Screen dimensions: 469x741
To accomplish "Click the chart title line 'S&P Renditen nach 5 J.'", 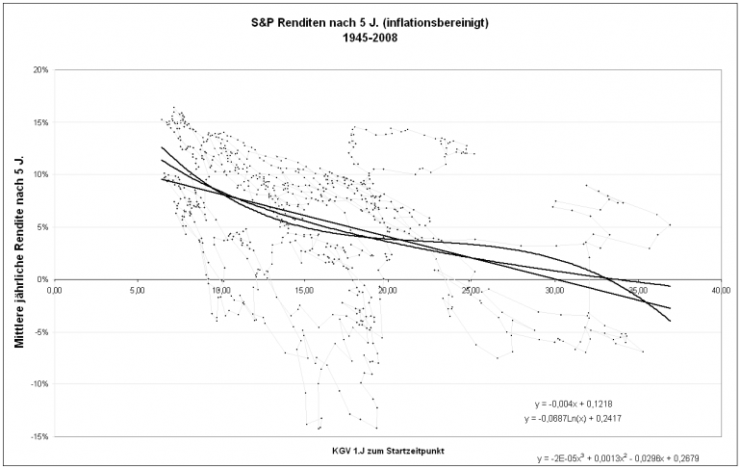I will [x=370, y=22].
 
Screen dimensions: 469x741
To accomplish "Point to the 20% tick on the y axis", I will [x=40, y=70].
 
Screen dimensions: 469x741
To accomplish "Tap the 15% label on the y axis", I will [x=40, y=122].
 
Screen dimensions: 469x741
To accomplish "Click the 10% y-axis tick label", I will [x=40, y=174].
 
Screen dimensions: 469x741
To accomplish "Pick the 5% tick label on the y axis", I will [x=42, y=227].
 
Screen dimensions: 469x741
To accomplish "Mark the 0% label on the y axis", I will [x=42, y=279].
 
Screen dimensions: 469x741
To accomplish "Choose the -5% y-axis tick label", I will [x=41, y=331].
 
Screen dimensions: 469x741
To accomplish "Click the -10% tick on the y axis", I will [x=39, y=383].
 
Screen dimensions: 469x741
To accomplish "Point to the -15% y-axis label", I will [x=39, y=436].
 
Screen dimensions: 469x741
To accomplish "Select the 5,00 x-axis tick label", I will [x=137, y=289].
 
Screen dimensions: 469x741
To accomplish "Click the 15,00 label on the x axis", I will [x=304, y=289].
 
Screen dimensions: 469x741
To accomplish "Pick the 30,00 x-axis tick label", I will [x=554, y=289].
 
